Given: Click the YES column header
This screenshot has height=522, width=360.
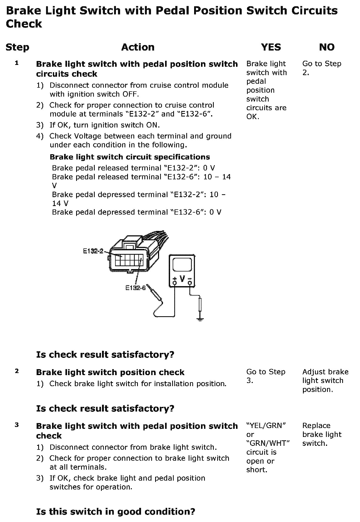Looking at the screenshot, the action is (271, 47).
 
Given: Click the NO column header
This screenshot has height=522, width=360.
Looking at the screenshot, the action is (327, 47).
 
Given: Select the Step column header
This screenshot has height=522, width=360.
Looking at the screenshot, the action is (17, 48).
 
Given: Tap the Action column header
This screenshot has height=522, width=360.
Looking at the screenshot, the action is (138, 47).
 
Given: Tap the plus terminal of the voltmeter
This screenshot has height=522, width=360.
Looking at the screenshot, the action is (175, 282).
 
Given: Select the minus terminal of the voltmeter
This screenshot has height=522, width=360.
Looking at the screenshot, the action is (190, 282).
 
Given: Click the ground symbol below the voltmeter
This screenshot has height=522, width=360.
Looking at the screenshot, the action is (200, 319).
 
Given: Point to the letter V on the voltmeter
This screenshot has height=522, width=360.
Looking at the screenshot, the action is (182, 279).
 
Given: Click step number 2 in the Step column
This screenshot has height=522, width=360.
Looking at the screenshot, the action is (17, 371).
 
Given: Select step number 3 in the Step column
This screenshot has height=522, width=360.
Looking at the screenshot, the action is (17, 425).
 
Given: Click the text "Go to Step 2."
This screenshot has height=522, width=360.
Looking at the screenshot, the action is (322, 68).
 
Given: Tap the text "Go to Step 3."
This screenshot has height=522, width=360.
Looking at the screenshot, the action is (266, 376).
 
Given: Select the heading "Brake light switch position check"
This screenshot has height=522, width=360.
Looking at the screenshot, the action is (110, 372).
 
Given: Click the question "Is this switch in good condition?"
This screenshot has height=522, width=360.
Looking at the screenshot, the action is (116, 511).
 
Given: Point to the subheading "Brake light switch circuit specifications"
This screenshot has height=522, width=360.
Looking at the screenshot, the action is (130, 157).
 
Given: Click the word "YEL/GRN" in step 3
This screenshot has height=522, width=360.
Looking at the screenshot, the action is (266, 426).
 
